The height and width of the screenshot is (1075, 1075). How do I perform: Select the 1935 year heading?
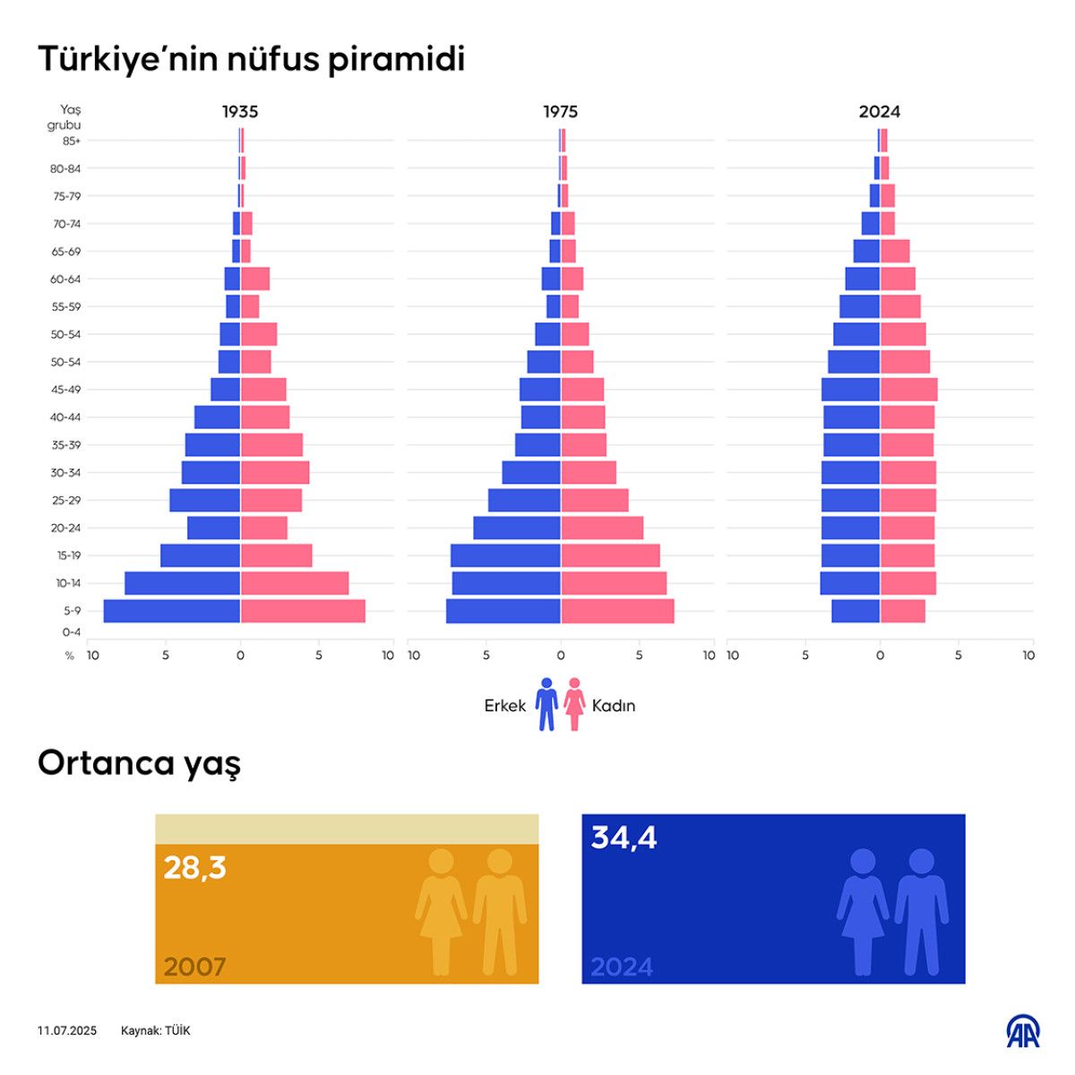click(240, 112)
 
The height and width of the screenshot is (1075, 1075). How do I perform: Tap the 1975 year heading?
click(560, 112)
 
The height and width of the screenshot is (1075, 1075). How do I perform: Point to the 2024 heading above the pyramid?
click(879, 112)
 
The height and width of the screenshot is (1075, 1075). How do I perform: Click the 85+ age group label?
click(71, 141)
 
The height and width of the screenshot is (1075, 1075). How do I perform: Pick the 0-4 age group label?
click(71, 632)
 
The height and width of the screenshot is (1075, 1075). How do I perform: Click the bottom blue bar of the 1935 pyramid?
click(171, 611)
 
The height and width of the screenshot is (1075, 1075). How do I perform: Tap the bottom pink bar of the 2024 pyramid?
click(902, 611)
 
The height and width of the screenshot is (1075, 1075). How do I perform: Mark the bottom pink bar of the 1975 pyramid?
click(617, 611)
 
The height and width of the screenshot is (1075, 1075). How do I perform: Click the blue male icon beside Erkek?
click(546, 704)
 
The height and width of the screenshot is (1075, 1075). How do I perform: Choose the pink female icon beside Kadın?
click(574, 704)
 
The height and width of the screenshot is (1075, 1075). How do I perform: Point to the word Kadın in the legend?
click(614, 706)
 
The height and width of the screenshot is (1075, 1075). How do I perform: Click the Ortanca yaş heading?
click(139, 764)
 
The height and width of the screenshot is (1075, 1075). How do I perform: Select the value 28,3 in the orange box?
click(194, 867)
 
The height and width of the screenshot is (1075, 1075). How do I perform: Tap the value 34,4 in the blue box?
click(623, 838)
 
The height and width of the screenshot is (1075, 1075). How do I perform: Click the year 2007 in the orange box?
click(194, 967)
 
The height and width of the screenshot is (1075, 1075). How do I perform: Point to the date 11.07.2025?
click(67, 1031)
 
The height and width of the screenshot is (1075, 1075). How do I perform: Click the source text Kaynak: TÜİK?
click(156, 1031)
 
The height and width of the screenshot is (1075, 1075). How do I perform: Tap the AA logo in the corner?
click(1022, 1031)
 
